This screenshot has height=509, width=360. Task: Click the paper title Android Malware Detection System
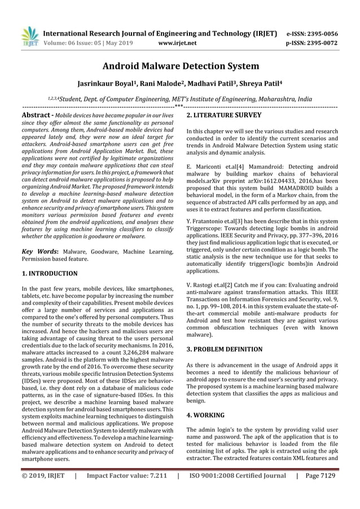coord(180,67)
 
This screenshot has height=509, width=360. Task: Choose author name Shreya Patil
coord(261,83)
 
